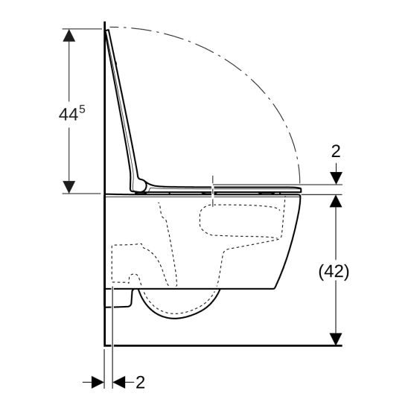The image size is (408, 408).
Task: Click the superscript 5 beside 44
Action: (82, 109)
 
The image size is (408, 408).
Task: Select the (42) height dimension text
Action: (334, 272)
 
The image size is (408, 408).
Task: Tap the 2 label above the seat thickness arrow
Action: (336, 151)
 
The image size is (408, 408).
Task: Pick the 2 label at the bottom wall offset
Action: (140, 383)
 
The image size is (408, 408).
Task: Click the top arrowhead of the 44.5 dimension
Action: (69, 36)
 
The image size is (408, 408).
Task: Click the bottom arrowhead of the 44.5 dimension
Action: (69, 187)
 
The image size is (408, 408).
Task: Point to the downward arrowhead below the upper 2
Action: (336, 178)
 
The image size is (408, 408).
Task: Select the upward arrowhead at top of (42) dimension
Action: (336, 201)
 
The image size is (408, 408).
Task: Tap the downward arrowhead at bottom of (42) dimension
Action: (336, 340)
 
